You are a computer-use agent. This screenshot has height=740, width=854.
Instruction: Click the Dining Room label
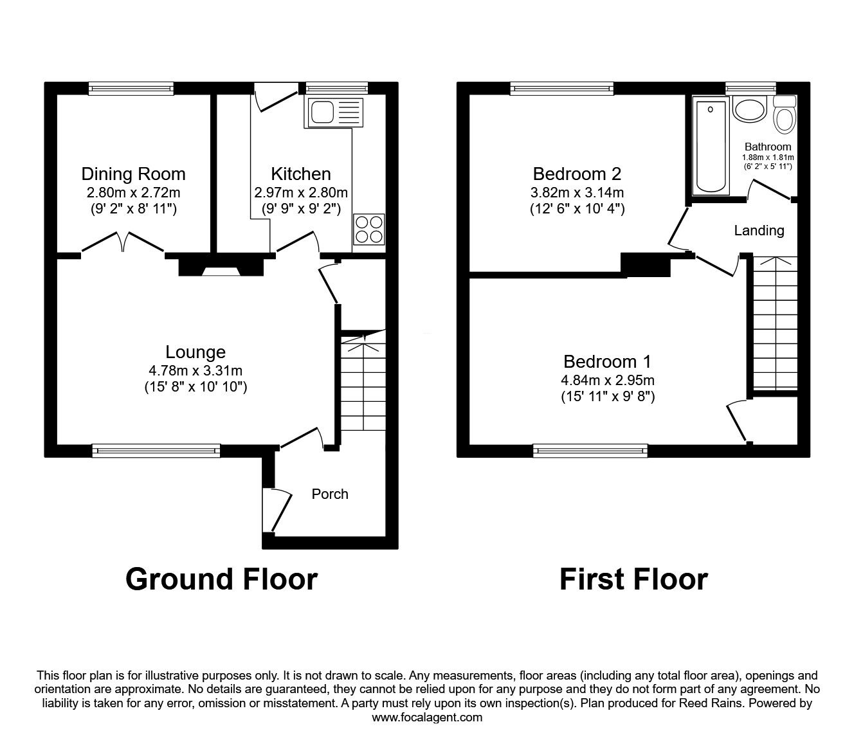(133, 174)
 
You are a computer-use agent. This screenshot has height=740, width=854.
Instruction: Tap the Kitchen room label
(300, 174)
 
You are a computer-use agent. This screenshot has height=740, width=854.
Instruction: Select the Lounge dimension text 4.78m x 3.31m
(195, 370)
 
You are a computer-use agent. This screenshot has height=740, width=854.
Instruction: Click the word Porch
(330, 494)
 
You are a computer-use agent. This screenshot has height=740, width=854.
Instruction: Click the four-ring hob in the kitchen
(368, 229)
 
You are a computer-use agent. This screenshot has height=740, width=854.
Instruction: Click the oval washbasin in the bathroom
(749, 109)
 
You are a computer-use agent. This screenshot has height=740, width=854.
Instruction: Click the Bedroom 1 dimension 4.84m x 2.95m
(608, 381)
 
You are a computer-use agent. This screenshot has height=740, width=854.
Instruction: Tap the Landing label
(759, 230)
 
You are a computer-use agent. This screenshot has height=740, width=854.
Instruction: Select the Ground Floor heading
(221, 579)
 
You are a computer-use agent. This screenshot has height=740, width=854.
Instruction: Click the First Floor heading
(633, 579)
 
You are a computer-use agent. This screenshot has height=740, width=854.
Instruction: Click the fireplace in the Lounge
(221, 265)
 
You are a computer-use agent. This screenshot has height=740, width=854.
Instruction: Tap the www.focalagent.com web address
(427, 717)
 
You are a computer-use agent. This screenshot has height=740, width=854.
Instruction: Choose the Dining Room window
(131, 89)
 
